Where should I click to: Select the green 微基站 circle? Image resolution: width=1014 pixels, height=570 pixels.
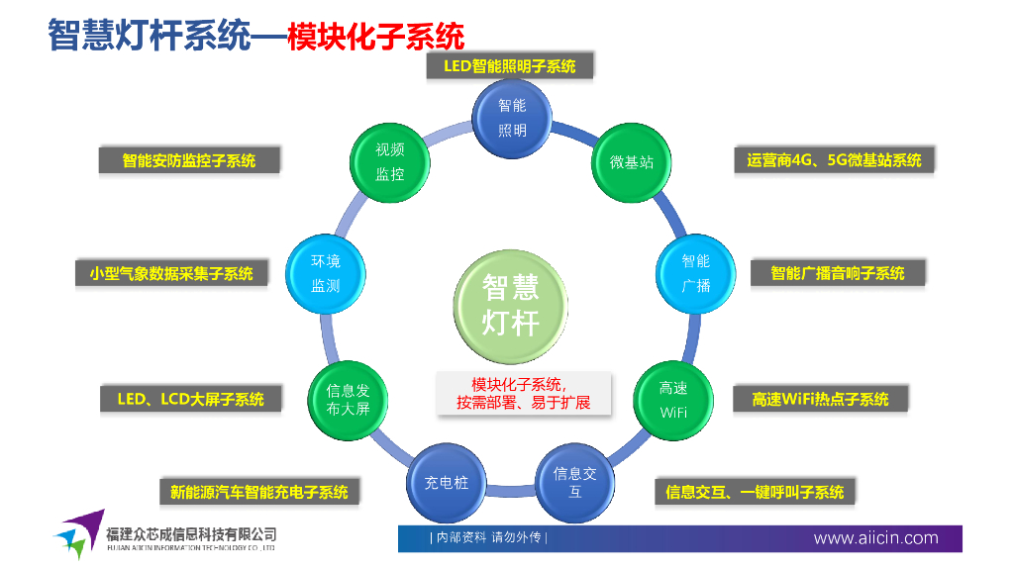point(632,161)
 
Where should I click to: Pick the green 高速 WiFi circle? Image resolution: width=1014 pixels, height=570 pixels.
point(673,400)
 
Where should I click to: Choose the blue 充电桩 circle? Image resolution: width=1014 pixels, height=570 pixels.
point(446,483)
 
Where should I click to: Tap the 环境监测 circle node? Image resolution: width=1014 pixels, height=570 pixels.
point(325,273)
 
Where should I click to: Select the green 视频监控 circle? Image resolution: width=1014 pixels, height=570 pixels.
point(389,161)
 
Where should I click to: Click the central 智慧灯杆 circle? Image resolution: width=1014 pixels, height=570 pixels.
point(511,306)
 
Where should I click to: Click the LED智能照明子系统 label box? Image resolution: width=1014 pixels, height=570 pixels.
point(510,66)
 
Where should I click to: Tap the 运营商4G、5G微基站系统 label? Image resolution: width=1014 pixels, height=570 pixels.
point(834,160)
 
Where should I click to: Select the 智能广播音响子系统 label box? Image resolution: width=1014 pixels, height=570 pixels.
point(838,273)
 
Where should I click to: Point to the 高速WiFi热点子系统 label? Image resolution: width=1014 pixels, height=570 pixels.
point(820,400)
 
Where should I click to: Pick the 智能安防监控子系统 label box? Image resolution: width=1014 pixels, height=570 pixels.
point(188,160)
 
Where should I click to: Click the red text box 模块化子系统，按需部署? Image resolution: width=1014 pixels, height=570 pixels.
point(523,393)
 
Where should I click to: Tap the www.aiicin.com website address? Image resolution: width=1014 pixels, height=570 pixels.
point(875,538)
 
